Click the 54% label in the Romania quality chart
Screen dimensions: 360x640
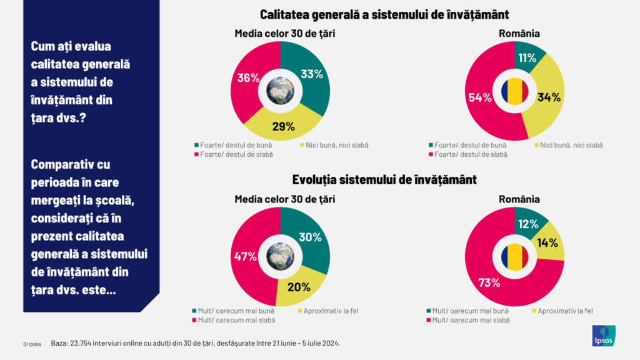479,97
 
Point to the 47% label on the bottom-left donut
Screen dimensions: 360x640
244,256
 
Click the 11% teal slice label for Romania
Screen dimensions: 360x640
526,58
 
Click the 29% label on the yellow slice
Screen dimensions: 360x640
283,126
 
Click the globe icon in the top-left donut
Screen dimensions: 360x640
279,91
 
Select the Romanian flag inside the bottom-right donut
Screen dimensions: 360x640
514,257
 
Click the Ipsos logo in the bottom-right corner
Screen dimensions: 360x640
604,336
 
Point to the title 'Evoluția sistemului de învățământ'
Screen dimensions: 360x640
384,180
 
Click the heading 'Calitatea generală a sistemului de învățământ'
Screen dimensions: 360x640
384,14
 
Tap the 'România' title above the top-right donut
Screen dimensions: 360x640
515,34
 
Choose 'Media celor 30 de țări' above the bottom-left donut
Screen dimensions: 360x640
285,199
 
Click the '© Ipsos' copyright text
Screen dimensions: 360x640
32,344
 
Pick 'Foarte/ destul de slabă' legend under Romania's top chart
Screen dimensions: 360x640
470,154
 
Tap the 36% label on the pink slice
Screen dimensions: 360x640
248,79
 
